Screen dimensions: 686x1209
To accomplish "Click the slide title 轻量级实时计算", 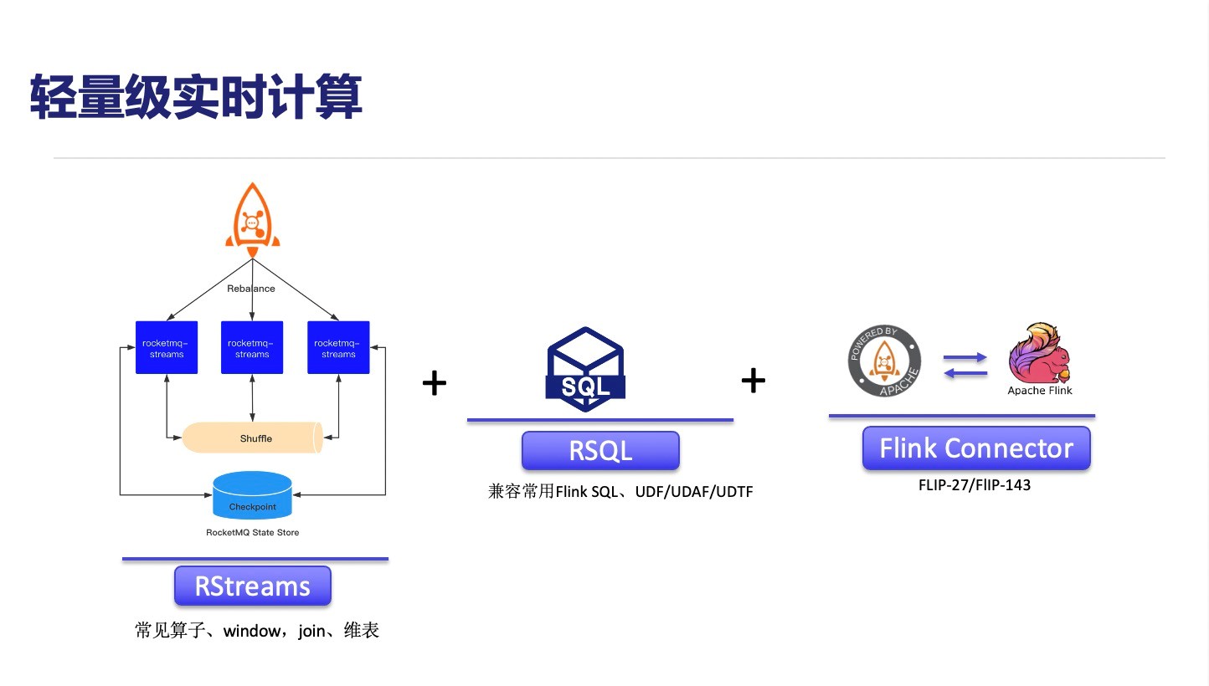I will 197,98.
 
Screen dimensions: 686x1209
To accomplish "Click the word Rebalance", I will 251,288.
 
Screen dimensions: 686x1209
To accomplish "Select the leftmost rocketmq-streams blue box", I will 167,347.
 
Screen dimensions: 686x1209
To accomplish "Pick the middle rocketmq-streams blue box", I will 252,347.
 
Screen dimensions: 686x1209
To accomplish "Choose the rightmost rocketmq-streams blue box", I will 338,347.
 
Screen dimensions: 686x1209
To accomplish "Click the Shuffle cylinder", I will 254,438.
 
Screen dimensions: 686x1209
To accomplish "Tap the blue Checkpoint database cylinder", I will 252,495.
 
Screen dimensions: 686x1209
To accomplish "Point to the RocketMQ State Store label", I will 252,532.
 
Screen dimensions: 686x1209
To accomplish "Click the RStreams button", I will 253,586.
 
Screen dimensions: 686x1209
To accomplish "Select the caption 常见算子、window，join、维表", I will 257,631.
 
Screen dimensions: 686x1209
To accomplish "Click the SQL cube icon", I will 585,369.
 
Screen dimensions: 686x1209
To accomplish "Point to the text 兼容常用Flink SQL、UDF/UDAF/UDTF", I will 620,492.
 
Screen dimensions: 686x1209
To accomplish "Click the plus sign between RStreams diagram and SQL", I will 434,384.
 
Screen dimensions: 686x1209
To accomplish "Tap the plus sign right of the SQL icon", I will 753,381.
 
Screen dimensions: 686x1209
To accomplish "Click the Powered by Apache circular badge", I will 885,362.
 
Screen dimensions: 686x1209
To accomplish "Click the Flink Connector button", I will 976,448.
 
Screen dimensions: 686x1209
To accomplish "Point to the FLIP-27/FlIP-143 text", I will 975,484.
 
